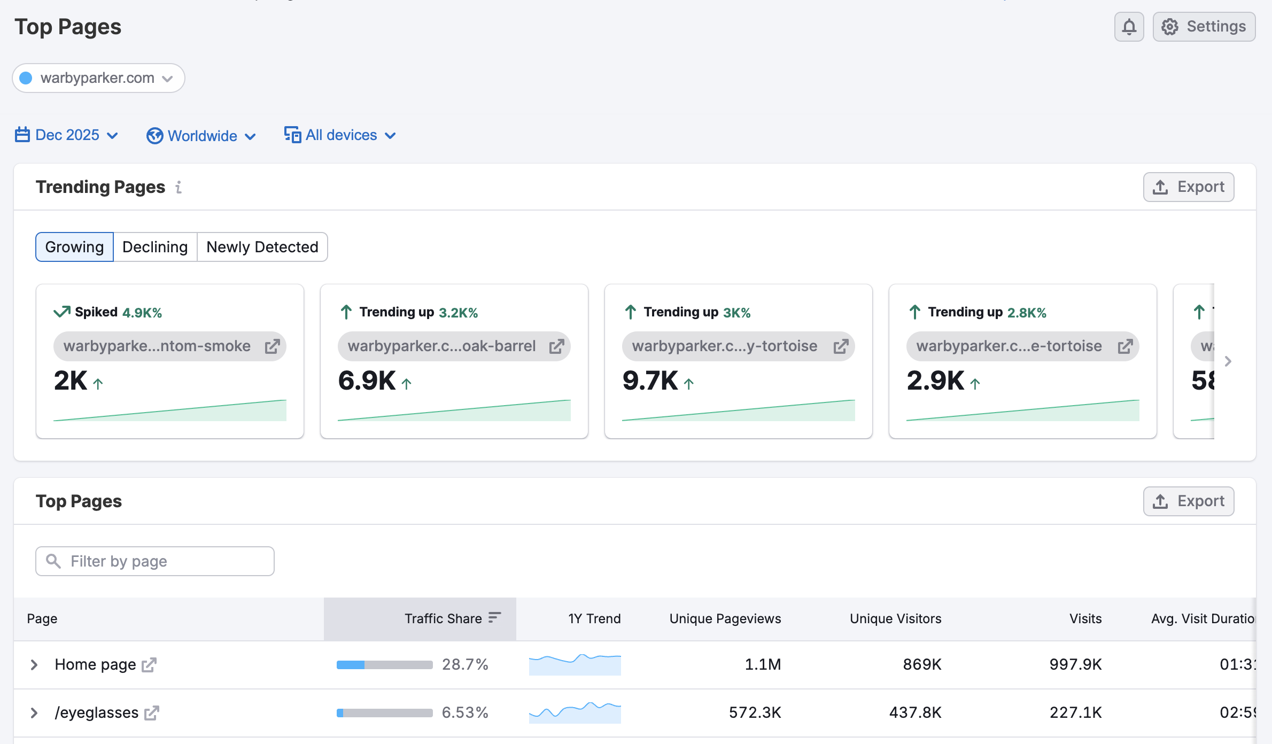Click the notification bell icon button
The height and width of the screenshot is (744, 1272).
(x=1129, y=27)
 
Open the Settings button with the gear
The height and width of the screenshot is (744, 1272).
(x=1204, y=27)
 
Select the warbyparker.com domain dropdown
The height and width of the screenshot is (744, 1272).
(x=98, y=78)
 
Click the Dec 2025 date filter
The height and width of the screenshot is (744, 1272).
(x=67, y=135)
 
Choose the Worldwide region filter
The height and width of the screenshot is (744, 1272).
(x=201, y=136)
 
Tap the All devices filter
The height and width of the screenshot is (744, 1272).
(x=340, y=135)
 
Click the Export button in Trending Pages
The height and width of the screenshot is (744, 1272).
(x=1188, y=187)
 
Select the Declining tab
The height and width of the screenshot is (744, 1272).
(x=155, y=247)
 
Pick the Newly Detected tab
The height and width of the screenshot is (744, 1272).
(x=262, y=247)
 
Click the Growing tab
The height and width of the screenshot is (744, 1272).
(x=74, y=247)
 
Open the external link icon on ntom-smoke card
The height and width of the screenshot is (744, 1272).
(x=272, y=346)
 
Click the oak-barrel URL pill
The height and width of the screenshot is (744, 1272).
(x=441, y=346)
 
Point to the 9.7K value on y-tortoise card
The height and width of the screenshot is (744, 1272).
(x=650, y=381)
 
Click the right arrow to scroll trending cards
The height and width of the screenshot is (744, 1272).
(x=1228, y=361)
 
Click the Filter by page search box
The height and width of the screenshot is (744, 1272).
(x=155, y=561)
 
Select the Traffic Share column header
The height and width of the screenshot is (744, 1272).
(x=444, y=618)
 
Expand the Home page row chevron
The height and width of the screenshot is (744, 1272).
(x=34, y=664)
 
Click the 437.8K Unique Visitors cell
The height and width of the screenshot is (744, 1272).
(x=915, y=712)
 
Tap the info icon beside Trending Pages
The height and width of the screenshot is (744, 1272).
(x=179, y=187)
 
